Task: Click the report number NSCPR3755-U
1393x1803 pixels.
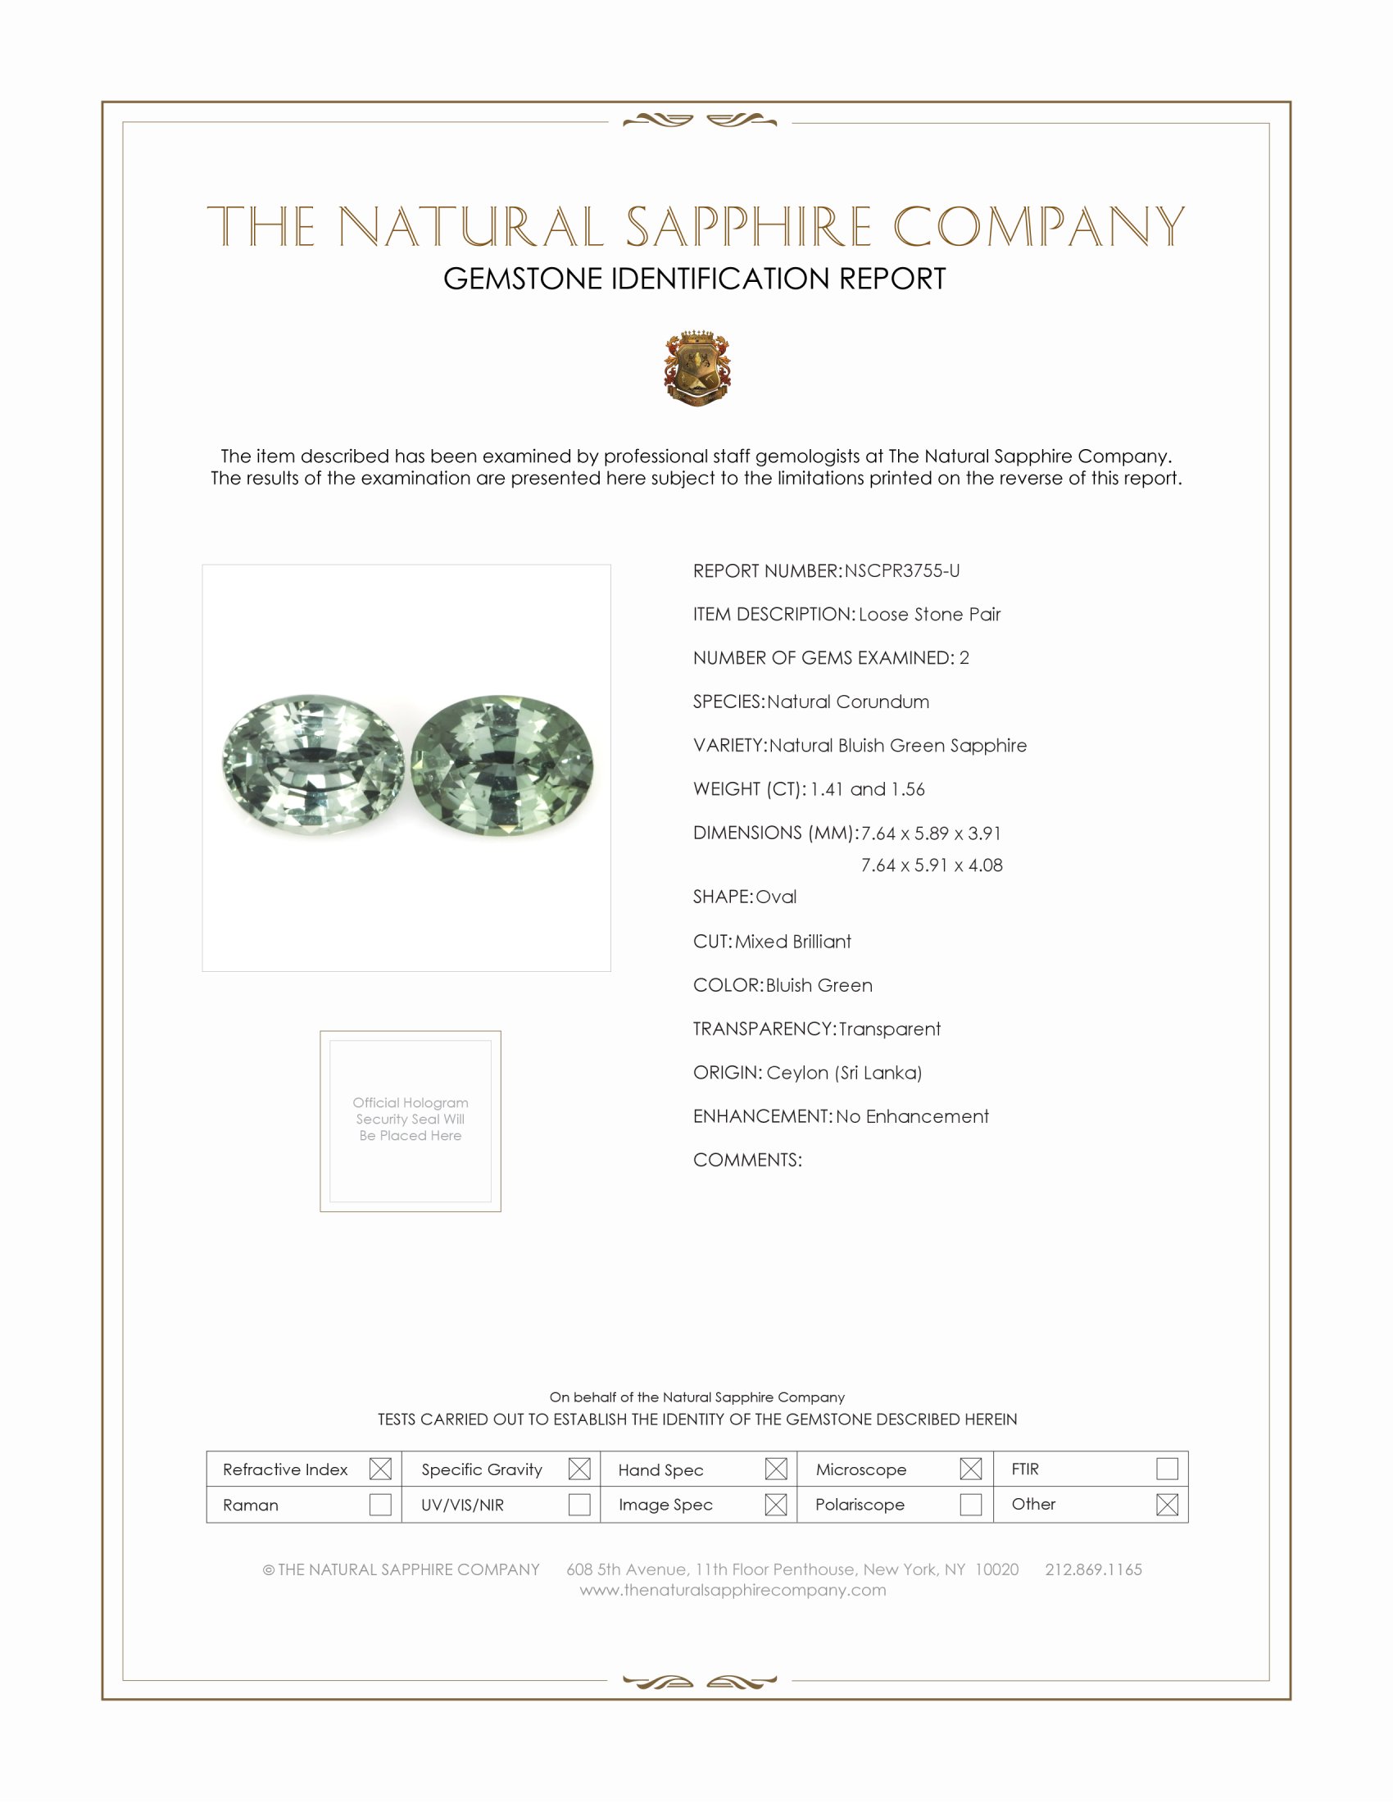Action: tap(902, 570)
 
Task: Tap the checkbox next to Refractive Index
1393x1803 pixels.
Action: tap(380, 1469)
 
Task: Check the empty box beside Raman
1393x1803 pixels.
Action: tap(380, 1504)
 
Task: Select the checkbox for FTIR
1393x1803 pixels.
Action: tap(1167, 1469)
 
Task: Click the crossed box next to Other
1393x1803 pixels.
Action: tap(1167, 1504)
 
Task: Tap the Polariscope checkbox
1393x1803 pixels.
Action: tap(971, 1504)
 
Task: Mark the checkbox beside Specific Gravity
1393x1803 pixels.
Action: tap(579, 1469)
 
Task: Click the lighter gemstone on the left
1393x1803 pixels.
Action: tap(314, 764)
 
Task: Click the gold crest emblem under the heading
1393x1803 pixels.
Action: tap(697, 368)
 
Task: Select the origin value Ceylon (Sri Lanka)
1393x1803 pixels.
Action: tap(843, 1073)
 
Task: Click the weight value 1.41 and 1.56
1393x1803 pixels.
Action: tap(867, 789)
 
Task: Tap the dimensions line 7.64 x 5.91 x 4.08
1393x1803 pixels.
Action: tap(932, 865)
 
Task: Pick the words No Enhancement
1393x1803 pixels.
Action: tap(912, 1116)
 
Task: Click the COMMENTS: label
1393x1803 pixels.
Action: tap(747, 1160)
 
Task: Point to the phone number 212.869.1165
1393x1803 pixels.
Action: tap(1093, 1569)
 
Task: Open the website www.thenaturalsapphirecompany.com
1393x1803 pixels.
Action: tap(733, 1590)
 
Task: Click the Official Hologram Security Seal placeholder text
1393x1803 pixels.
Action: tap(411, 1119)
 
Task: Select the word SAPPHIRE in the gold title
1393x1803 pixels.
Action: tap(748, 226)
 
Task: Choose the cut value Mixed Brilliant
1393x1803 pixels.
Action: tap(793, 941)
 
